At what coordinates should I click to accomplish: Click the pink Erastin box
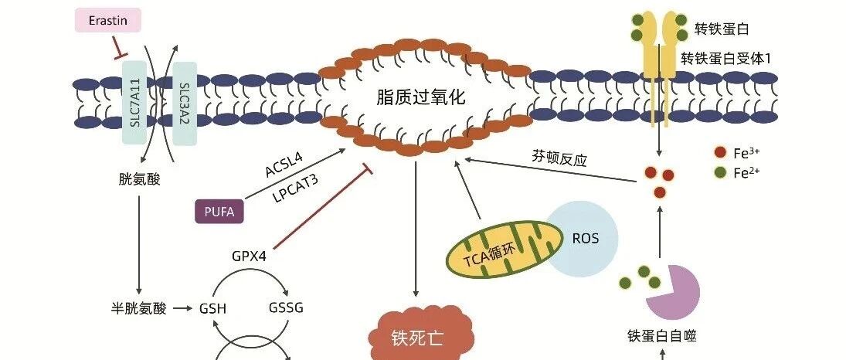[x=108, y=21]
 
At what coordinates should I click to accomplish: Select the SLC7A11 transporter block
[x=135, y=103]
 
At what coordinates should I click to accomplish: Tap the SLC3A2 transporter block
[x=185, y=104]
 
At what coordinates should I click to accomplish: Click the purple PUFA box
[x=219, y=212]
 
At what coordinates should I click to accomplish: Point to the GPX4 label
[x=249, y=255]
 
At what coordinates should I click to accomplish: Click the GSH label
[x=212, y=309]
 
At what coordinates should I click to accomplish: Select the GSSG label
[x=286, y=307]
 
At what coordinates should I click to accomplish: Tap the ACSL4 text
[x=284, y=165]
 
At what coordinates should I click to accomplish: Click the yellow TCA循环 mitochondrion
[x=500, y=249]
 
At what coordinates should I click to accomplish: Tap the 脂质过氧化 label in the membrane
[x=421, y=97]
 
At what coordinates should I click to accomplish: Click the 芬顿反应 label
[x=559, y=159]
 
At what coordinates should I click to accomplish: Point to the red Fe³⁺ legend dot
[x=720, y=153]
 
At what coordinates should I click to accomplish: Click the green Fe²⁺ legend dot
[x=720, y=173]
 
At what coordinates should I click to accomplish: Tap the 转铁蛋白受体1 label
[x=725, y=58]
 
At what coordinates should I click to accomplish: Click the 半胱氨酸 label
[x=138, y=309]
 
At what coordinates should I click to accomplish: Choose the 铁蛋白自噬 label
[x=662, y=336]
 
